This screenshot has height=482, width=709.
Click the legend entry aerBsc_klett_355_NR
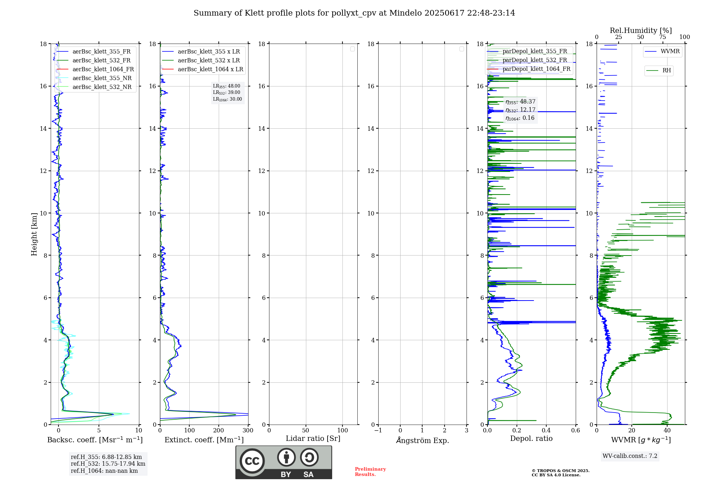pyautogui.click(x=102, y=78)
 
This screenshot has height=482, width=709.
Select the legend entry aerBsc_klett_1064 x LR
pyautogui.click(x=210, y=69)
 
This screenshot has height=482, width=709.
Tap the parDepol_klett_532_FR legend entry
pyautogui.click(x=535, y=60)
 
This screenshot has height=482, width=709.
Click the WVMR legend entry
pyautogui.click(x=670, y=51)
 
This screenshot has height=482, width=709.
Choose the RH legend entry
pyautogui.click(x=666, y=71)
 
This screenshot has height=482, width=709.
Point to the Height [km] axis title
pyautogui.click(x=34, y=234)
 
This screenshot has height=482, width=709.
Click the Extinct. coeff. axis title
pyautogui.click(x=204, y=440)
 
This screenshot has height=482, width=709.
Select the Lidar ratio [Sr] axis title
pyautogui.click(x=313, y=438)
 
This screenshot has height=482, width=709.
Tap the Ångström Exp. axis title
pyautogui.click(x=422, y=440)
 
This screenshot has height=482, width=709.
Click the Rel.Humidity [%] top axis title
pyautogui.click(x=641, y=30)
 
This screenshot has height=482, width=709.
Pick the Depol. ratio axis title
pyautogui.click(x=531, y=438)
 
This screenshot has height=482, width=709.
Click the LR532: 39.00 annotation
pyautogui.click(x=227, y=93)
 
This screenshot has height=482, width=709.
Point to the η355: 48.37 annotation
pyautogui.click(x=520, y=102)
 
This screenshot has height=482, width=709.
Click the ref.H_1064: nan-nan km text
pyautogui.click(x=104, y=471)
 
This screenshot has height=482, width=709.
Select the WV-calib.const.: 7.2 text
pyautogui.click(x=630, y=456)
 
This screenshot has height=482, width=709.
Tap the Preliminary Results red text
pyautogui.click(x=370, y=471)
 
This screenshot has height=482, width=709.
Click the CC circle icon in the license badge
pyautogui.click(x=252, y=461)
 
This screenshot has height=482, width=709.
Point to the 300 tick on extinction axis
pyautogui.click(x=248, y=430)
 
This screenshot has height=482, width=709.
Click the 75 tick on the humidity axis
pyautogui.click(x=663, y=37)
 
